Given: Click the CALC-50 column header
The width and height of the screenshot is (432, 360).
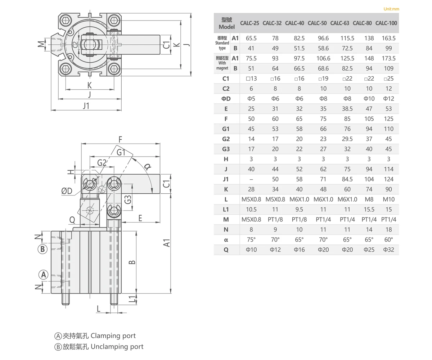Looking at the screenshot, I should click(317, 23).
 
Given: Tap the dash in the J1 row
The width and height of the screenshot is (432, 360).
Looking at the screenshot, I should click(251, 179).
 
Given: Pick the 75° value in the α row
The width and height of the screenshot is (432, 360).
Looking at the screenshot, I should click(251, 240).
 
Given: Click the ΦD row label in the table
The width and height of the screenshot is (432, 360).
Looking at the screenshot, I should click(226, 99).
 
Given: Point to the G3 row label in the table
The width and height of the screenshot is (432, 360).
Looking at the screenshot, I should click(226, 149).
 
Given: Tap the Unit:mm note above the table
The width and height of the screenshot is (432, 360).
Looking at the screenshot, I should click(391, 9).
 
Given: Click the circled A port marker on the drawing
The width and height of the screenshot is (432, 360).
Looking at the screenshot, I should click(44, 275).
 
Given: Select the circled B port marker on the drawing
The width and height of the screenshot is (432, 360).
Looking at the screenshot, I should click(43, 249).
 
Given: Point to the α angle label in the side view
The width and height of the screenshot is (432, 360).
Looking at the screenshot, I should click(147, 166).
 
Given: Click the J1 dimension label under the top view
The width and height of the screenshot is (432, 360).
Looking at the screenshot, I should click(86, 105).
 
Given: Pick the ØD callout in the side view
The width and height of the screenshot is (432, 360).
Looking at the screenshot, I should click(67, 191).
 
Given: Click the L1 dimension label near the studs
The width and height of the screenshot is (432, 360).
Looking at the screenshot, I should click(132, 298).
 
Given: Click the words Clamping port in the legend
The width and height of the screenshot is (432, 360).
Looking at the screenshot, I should click(113, 336).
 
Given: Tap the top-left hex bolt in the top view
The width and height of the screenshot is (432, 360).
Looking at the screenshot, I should click(66, 21).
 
